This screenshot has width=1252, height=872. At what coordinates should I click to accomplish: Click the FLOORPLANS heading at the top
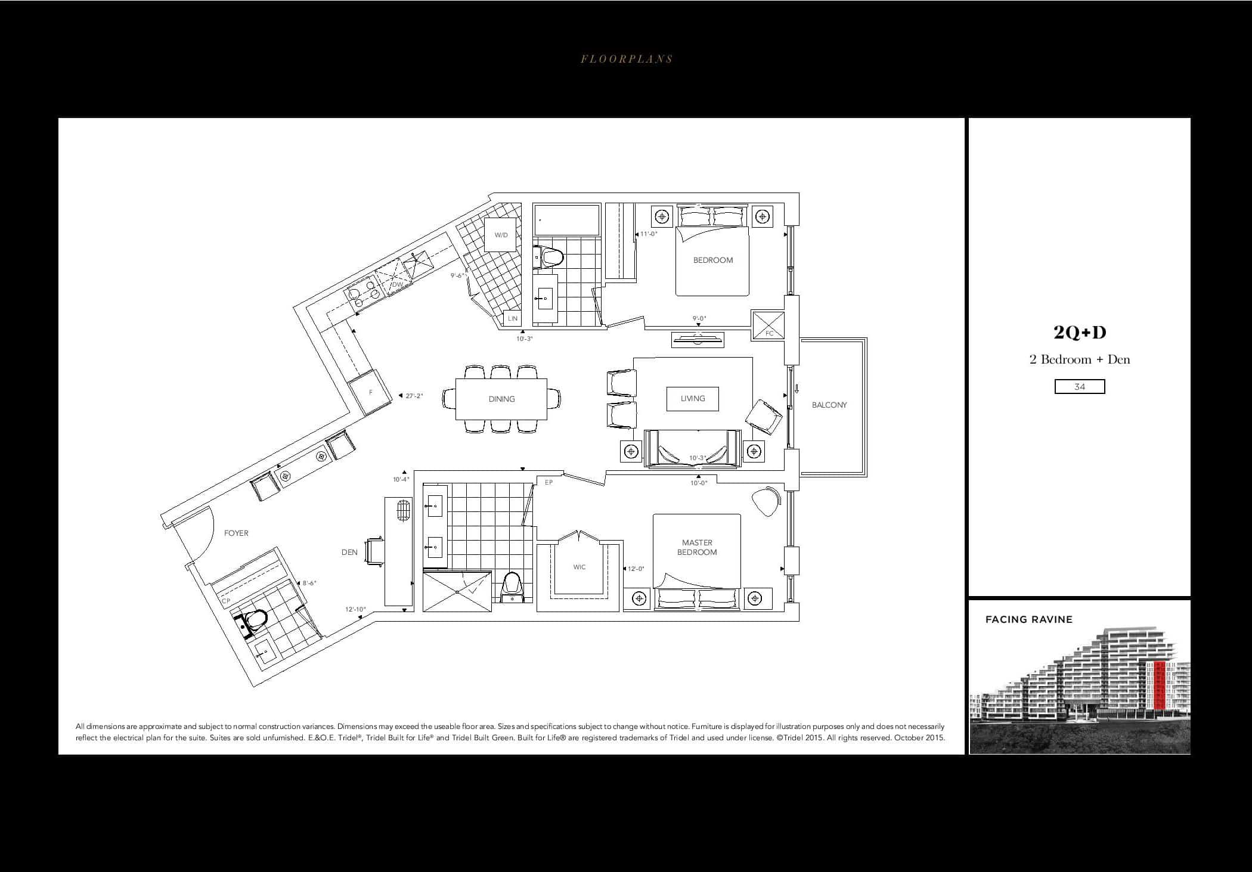[627, 59]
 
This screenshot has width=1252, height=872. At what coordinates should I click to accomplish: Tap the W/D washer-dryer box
[500, 235]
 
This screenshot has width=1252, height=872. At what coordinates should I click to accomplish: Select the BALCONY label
[829, 405]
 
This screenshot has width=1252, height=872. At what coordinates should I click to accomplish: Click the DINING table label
[501, 399]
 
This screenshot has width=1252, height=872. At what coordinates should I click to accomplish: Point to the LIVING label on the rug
[693, 398]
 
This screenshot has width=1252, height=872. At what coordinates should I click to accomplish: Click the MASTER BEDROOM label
[697, 547]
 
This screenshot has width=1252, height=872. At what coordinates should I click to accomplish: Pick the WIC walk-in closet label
[579, 567]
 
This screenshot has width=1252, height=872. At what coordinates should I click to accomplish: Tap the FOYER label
[236, 533]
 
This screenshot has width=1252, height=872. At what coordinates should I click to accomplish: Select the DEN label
[349, 552]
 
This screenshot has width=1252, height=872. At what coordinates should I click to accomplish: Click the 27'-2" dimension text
[414, 396]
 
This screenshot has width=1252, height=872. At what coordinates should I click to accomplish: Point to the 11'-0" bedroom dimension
[649, 234]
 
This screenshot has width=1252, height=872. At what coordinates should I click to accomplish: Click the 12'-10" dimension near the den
[355, 609]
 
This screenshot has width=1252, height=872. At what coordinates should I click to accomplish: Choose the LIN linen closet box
[513, 318]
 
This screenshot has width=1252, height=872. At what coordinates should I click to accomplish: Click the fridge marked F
[371, 392]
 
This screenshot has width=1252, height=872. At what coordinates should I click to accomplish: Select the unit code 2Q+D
[1080, 333]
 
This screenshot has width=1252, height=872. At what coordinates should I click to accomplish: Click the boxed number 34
[1080, 387]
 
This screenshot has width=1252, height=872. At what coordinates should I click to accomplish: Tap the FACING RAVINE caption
[1029, 619]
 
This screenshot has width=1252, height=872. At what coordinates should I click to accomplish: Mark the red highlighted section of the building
[1160, 685]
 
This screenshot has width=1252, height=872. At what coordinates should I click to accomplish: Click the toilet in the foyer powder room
[254, 620]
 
